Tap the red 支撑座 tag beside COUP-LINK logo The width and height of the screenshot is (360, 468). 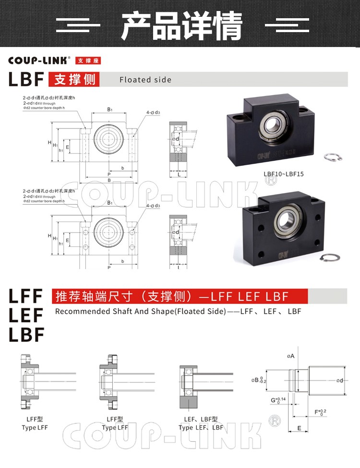[88, 61]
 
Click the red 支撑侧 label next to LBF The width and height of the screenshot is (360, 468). [74, 79]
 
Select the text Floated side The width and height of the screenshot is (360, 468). [145, 80]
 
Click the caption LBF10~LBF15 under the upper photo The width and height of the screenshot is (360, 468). [283, 174]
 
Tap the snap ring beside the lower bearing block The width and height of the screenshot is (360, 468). [330, 258]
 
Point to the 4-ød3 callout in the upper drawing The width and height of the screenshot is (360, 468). [153, 113]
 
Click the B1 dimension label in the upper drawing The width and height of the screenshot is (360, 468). [110, 110]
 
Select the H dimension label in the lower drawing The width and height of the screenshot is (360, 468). [49, 236]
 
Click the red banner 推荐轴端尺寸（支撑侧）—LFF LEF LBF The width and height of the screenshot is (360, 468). [180, 296]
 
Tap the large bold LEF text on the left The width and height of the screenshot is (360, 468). [26, 315]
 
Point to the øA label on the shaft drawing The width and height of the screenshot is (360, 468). [290, 356]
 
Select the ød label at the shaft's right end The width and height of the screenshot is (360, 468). [339, 381]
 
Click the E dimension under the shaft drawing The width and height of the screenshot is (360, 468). [299, 428]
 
